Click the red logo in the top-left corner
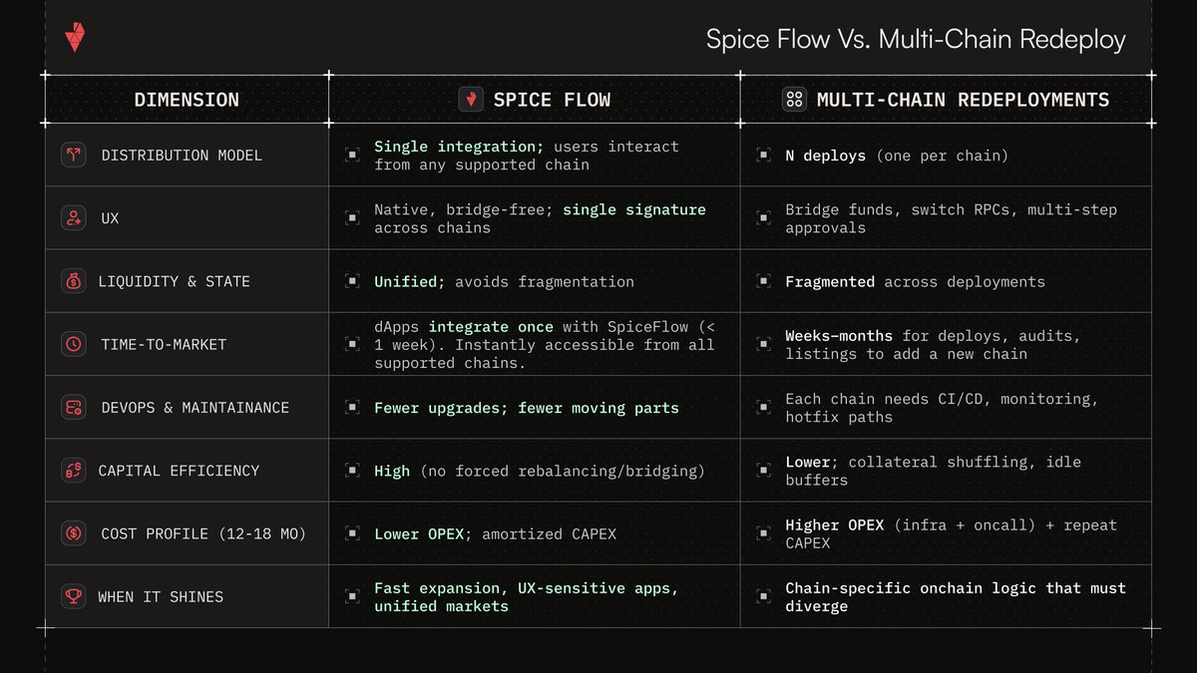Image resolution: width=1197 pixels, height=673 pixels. (x=75, y=37)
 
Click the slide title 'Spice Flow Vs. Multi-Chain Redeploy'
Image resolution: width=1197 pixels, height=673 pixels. (x=916, y=39)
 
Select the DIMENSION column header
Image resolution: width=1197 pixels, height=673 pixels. (x=187, y=100)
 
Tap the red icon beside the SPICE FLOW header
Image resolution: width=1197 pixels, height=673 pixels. (x=471, y=99)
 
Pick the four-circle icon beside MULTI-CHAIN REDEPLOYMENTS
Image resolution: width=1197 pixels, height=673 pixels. (x=795, y=99)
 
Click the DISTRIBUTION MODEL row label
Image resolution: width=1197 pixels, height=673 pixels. (x=182, y=156)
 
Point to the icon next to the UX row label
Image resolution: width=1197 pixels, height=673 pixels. (x=73, y=218)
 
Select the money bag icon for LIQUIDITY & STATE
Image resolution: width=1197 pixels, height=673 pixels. (x=73, y=281)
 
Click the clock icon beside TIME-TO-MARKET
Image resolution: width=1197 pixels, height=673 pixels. (x=73, y=344)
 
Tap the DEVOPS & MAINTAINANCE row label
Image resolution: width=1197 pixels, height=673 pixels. (x=195, y=408)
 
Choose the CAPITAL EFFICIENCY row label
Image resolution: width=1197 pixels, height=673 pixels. (x=179, y=471)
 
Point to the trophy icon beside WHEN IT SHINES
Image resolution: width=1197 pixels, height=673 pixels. (x=73, y=596)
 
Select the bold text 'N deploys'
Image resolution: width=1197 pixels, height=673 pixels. (x=825, y=156)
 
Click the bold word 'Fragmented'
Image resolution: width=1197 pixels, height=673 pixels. (x=830, y=282)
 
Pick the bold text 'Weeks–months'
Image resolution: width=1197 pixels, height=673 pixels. (x=839, y=336)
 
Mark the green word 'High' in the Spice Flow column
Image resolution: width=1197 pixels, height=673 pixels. (x=392, y=471)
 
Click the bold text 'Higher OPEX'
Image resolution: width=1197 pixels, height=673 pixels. (x=834, y=524)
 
